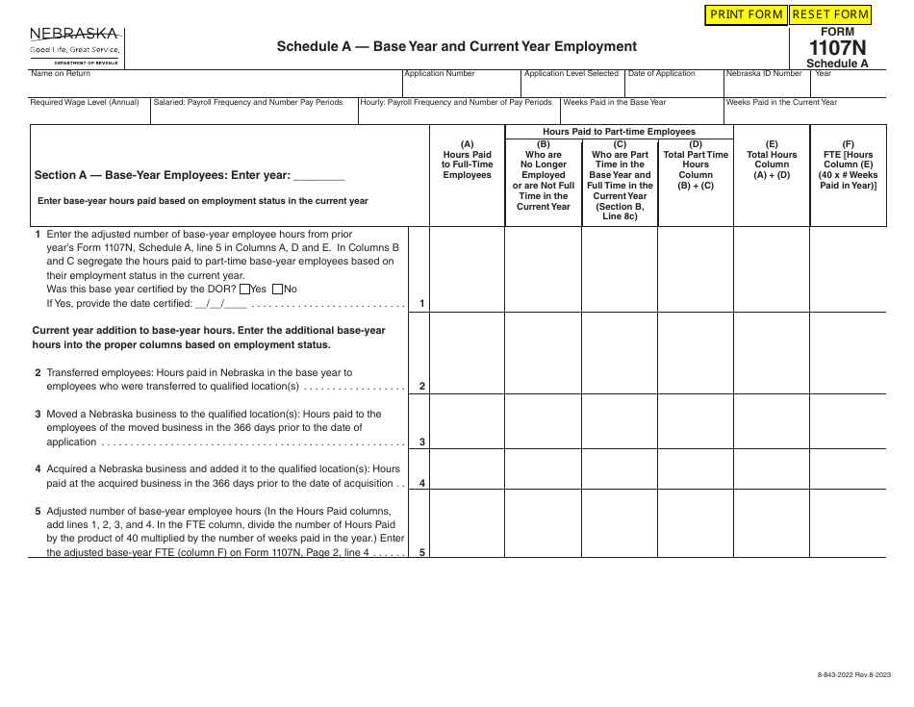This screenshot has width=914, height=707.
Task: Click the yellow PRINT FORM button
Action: pyautogui.click(x=746, y=14)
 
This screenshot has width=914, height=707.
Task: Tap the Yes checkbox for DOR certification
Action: pyautogui.click(x=243, y=289)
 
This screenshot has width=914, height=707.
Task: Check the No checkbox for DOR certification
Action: pyautogui.click(x=278, y=289)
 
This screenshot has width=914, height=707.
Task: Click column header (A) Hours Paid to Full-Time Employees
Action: pyautogui.click(x=467, y=164)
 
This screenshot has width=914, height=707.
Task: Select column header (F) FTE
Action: pyautogui.click(x=848, y=164)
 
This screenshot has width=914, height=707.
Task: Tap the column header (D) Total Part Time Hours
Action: pyautogui.click(x=696, y=164)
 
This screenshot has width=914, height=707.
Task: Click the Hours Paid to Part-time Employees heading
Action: pyautogui.click(x=619, y=132)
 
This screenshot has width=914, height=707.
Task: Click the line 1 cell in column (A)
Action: pyautogui.click(x=467, y=269)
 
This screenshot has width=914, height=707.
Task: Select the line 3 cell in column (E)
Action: pyautogui.click(x=772, y=423)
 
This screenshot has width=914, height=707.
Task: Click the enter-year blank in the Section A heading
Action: pyautogui.click(x=318, y=176)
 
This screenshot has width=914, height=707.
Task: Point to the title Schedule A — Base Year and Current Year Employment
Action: pyautogui.click(x=456, y=46)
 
